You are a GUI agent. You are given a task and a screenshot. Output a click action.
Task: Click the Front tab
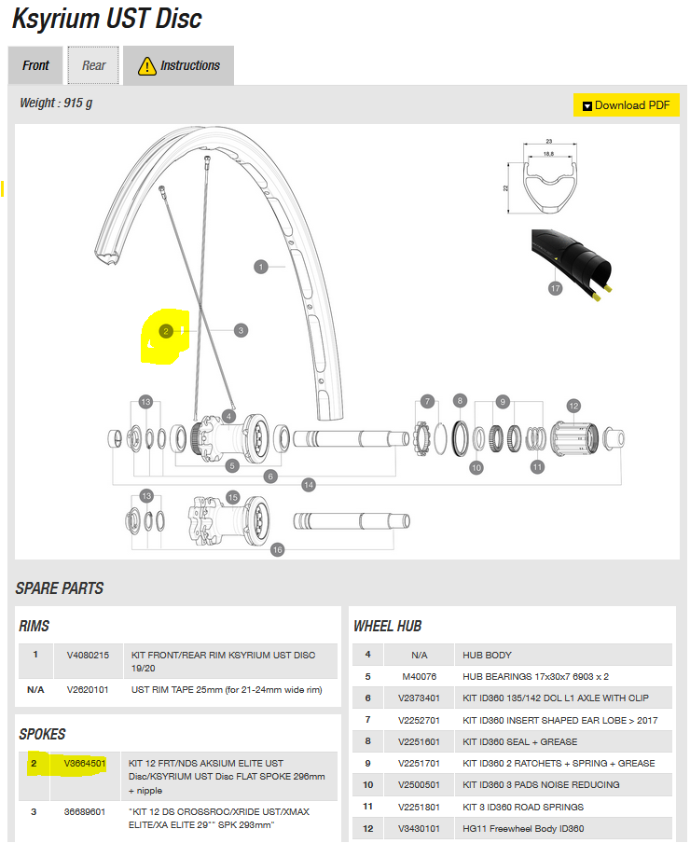coord(35,65)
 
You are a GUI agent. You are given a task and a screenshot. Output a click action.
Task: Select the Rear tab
coord(93,65)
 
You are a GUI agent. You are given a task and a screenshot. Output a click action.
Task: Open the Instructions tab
coord(179,65)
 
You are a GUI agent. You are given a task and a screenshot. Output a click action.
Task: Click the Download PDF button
coord(626,105)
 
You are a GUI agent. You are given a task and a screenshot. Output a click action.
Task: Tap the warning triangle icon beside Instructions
coord(146,65)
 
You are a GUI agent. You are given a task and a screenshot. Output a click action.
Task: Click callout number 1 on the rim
coord(262,267)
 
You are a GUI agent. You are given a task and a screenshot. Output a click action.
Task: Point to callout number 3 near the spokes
coord(241,330)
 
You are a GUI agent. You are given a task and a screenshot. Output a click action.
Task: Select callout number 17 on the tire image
coord(556,289)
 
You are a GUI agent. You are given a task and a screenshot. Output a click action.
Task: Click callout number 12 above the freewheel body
coord(573,406)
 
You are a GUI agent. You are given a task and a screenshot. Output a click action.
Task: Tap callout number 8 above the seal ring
coord(459,401)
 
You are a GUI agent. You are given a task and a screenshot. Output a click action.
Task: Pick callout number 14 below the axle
coord(309,485)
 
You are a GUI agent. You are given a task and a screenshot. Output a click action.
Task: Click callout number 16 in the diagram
coord(277,550)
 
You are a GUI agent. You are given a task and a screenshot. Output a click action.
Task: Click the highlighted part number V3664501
coord(85,764)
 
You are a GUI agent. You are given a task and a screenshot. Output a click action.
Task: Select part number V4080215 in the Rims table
coord(88,656)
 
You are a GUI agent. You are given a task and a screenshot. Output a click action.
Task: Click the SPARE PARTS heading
coord(60,588)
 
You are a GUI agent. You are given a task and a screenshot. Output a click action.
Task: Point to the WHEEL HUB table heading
coord(388,626)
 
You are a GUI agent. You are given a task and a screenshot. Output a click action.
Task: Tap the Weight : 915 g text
coord(56,103)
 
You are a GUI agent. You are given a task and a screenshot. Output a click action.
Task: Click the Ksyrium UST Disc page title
coord(107,18)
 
